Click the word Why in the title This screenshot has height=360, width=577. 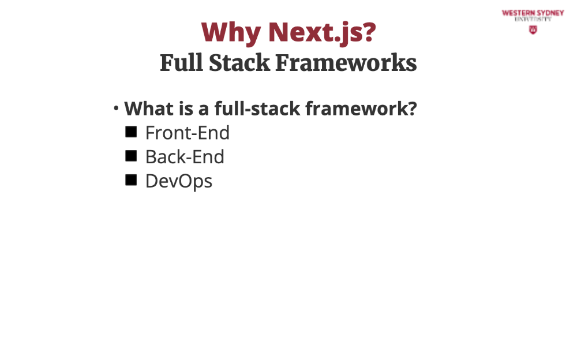click(x=231, y=33)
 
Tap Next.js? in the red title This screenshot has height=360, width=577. click(x=323, y=33)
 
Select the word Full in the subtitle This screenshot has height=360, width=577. click(x=181, y=62)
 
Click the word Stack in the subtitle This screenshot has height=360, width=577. click(x=239, y=62)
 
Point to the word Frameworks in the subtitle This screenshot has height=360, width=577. click(x=346, y=62)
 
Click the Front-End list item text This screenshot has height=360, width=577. click(x=188, y=133)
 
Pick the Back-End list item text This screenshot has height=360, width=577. click(x=185, y=157)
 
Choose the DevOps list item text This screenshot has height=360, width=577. click(x=179, y=182)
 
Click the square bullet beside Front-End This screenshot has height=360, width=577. click(x=131, y=132)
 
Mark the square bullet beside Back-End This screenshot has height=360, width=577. click(x=131, y=156)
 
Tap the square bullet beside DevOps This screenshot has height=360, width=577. click(x=131, y=181)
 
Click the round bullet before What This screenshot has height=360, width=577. click(x=116, y=108)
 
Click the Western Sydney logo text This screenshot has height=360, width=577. click(x=533, y=16)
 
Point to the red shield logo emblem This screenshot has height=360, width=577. click(x=533, y=30)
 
